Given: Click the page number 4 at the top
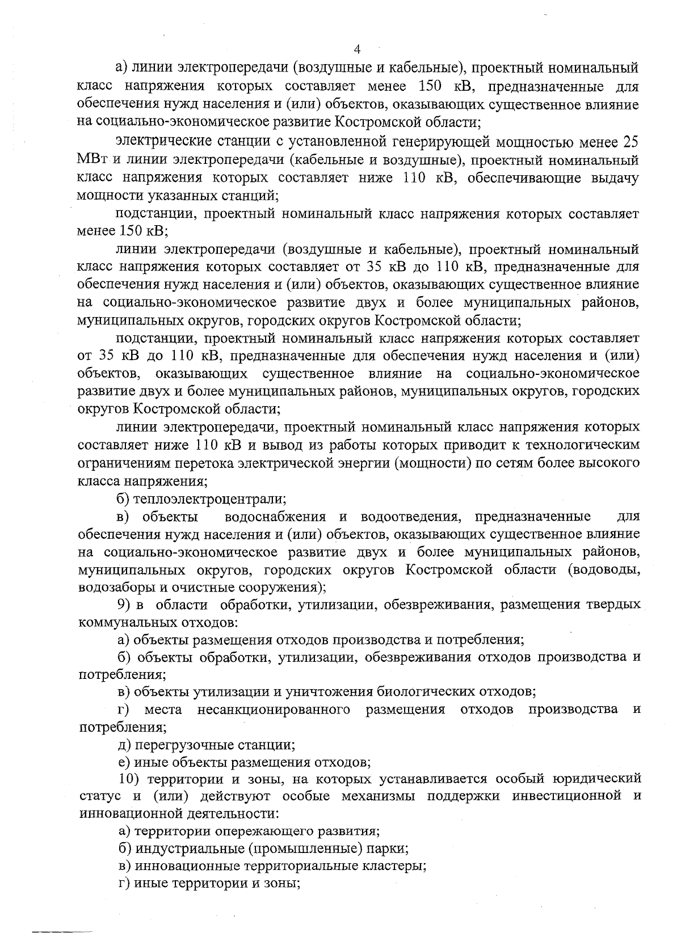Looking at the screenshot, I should point(356,49).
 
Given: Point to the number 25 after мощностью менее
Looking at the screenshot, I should point(630,142).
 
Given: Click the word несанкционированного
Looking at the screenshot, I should point(274,709).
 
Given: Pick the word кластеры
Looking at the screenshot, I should point(398,867).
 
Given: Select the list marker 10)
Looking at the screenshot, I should point(129,779).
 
